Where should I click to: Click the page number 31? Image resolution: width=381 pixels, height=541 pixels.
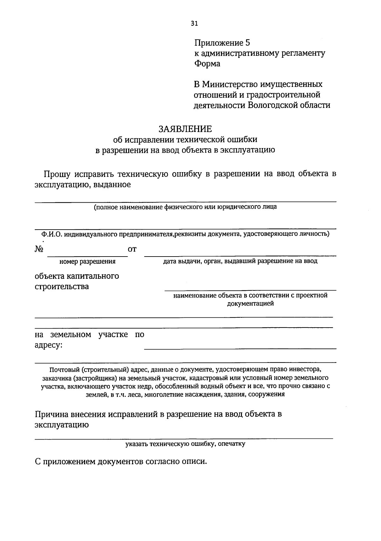coord(194,23)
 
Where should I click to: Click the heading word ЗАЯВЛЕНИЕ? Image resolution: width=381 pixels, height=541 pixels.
coord(185,129)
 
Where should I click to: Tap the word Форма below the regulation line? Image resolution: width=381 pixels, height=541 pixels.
coord(207,63)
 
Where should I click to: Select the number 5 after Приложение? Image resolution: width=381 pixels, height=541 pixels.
coord(248,42)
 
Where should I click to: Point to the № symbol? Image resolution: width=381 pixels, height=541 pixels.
coord(39,249)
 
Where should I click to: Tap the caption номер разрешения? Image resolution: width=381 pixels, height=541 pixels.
coord(87,262)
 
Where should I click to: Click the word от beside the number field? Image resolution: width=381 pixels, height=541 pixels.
coord(132,250)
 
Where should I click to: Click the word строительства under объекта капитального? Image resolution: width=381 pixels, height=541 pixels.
coord(62,287)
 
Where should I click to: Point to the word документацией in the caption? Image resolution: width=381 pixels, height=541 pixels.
coord(250,303)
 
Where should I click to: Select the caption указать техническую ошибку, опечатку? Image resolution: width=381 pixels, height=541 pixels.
coord(185,444)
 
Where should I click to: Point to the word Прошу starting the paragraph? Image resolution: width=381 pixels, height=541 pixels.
coord(57,174)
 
